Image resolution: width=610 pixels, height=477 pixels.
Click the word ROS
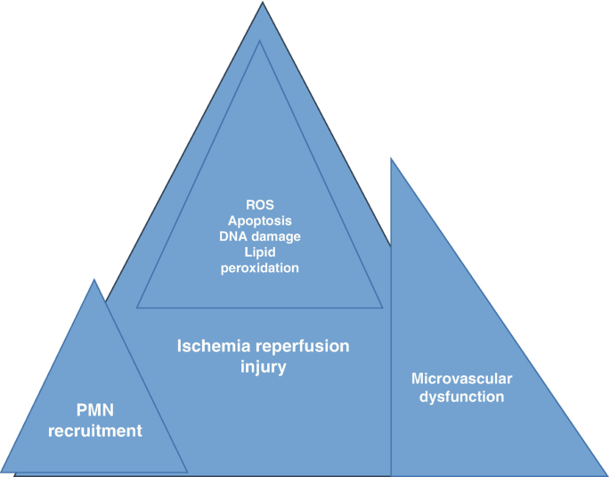coord(260,202)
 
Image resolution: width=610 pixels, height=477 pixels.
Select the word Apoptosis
coord(260,218)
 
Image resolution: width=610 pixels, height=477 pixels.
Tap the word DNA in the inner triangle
coord(233,235)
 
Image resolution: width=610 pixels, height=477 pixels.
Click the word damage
coord(275,235)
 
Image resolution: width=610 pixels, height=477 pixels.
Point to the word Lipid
coord(260,251)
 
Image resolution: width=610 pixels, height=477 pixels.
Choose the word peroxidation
coord(260,267)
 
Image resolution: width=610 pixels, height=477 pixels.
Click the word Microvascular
coord(462,378)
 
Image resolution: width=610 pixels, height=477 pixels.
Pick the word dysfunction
coord(462,397)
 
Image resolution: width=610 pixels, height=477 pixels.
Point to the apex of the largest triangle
coord(262,3)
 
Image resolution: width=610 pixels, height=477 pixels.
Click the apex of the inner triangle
coord(260,40)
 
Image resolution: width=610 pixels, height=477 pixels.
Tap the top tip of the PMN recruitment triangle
coord(94,280)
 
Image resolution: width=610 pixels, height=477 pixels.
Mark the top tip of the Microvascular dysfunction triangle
coord(391,159)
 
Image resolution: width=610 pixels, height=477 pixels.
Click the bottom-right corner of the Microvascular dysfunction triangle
coord(606,474)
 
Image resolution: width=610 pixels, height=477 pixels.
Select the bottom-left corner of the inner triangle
coord(137,308)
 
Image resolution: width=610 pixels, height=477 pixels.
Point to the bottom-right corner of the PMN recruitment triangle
coord(187,471)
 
